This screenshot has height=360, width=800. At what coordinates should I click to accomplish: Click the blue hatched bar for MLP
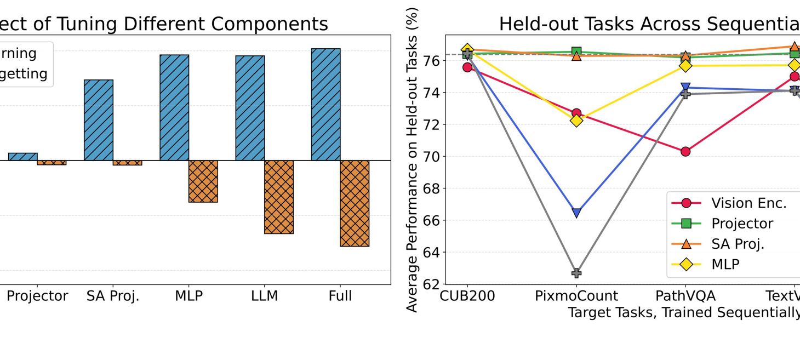click(174, 107)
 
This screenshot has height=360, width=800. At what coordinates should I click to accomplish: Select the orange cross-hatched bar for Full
click(355, 203)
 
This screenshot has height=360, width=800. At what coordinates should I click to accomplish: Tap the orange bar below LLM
click(279, 197)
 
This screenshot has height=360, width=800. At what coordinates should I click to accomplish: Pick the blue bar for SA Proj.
click(99, 120)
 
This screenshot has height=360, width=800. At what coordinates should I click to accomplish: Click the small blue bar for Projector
click(22, 157)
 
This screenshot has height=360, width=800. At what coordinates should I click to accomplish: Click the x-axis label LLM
click(265, 296)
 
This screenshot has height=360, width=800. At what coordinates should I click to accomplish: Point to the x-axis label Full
click(340, 296)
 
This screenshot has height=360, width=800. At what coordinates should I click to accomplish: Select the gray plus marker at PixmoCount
click(576, 273)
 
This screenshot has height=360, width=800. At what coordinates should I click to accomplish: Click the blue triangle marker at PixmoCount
click(576, 213)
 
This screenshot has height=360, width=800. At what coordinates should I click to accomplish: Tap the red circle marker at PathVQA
click(685, 151)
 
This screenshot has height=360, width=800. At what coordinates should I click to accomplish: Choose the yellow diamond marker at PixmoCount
click(576, 120)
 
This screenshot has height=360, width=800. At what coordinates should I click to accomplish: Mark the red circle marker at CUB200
click(467, 67)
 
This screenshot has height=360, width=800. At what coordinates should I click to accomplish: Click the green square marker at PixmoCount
click(576, 52)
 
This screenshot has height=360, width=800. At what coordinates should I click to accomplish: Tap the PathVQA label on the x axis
click(685, 296)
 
